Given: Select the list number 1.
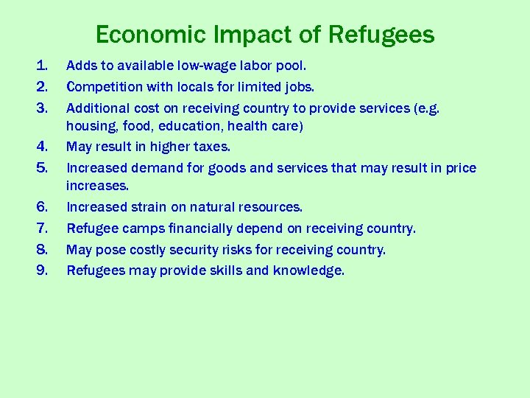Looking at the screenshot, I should click(x=41, y=66).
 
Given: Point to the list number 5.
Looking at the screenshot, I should click(x=41, y=168).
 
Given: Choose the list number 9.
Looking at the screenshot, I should click(x=41, y=270).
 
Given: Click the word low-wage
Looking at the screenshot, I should click(x=219, y=66).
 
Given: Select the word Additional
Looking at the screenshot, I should click(x=97, y=108).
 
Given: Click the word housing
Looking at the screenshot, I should click(x=91, y=126).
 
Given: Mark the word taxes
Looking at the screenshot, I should click(x=211, y=147).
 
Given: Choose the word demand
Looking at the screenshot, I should click(x=158, y=168).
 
